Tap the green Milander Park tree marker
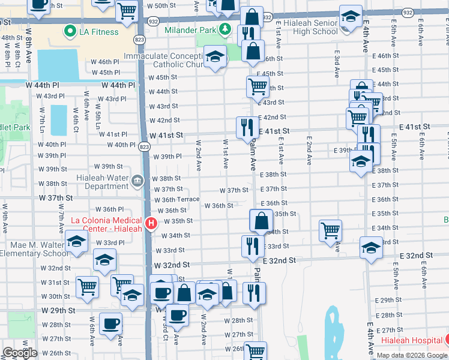224,28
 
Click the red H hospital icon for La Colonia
151,223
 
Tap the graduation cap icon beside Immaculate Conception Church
214,57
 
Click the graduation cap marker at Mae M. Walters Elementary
77,241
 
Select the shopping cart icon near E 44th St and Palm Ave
258,86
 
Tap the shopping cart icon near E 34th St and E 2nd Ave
331,230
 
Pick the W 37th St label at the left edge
56,197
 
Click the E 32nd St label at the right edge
416,256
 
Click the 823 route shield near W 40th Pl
143,146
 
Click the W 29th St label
59,311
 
